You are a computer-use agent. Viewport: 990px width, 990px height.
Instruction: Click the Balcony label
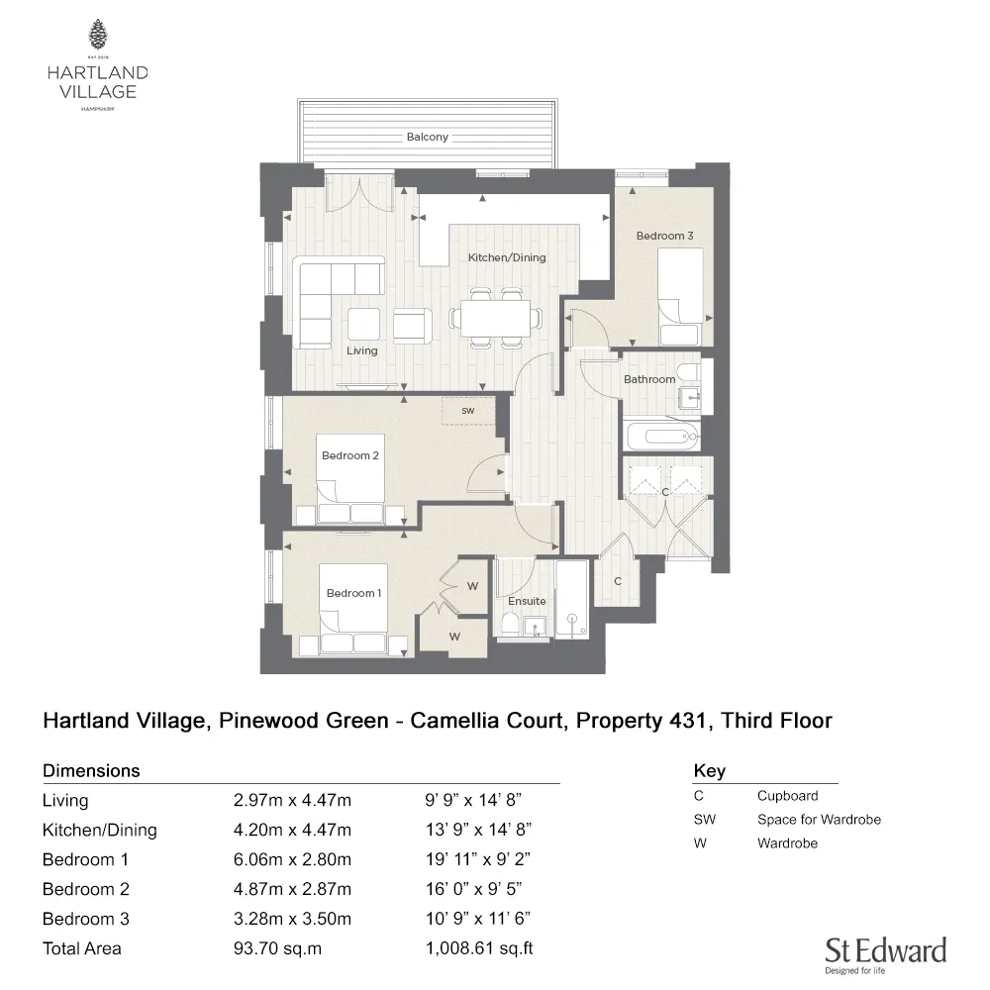point(427,137)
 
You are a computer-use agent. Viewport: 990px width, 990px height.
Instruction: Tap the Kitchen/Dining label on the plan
point(507,257)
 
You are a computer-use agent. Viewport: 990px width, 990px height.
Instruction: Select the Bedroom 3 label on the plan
point(664,236)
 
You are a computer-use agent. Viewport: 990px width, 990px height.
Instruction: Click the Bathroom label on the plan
point(649,379)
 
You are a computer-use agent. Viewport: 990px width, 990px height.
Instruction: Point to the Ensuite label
point(527,601)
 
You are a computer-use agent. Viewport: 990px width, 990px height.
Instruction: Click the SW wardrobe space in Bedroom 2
point(467,411)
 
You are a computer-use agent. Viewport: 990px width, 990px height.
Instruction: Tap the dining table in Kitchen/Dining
point(495,318)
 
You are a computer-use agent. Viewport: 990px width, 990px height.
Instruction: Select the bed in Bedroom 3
point(681,284)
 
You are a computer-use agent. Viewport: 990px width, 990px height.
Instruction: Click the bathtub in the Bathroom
point(661,435)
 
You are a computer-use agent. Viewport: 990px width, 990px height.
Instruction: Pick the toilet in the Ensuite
point(508,624)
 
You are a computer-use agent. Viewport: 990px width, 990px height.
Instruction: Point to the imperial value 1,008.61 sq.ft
point(478,948)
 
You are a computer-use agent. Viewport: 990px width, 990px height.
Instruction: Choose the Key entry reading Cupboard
point(787,795)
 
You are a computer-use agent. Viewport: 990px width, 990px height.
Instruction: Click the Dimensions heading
point(91,770)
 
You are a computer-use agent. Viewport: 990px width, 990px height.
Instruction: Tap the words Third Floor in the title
point(776,720)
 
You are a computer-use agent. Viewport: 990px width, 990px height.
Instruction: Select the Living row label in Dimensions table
point(65,800)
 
